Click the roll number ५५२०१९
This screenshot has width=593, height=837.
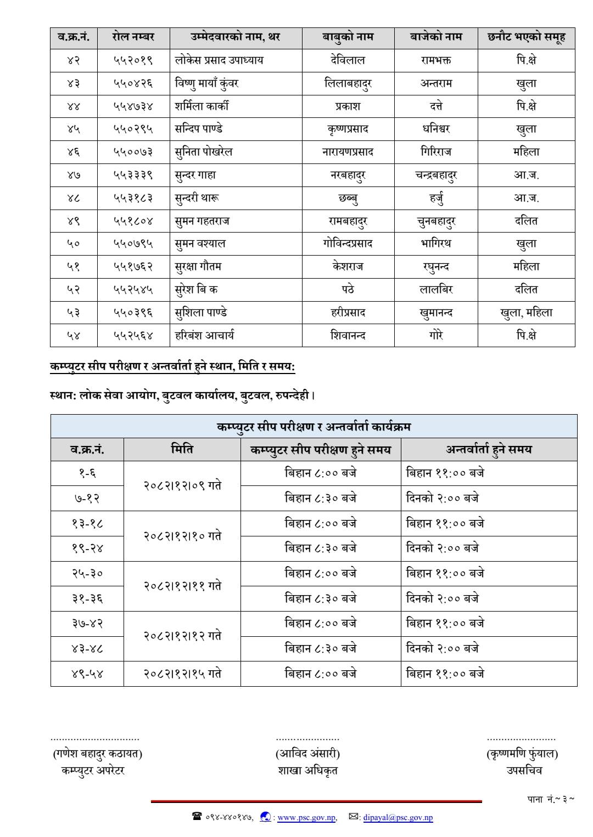pyautogui.click(x=133, y=60)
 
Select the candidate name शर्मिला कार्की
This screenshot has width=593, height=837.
pyautogui.click(x=202, y=106)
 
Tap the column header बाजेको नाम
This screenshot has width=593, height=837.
pyautogui.click(x=436, y=37)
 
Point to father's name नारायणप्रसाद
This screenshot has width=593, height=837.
pyautogui.click(x=348, y=152)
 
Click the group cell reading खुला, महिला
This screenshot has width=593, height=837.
pyautogui.click(x=526, y=313)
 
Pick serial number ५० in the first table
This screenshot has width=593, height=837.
pyautogui.click(x=74, y=244)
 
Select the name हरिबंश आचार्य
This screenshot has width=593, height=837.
pyautogui.click(x=204, y=335)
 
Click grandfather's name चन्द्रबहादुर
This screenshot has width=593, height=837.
pyautogui.click(x=436, y=175)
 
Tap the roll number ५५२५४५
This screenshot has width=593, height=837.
pyautogui.click(x=133, y=290)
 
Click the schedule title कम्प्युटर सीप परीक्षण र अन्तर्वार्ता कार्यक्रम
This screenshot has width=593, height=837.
pyautogui.click(x=314, y=426)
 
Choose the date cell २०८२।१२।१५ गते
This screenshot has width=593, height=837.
pyautogui.click(x=182, y=674)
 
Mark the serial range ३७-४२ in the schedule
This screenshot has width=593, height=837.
pyautogui.click(x=87, y=624)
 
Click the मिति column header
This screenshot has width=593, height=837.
pyautogui.click(x=182, y=450)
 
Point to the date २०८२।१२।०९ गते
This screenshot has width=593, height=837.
pyautogui.click(x=182, y=486)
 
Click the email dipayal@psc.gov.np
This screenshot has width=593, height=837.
pyautogui.click(x=398, y=818)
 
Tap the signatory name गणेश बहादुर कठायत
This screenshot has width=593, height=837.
pyautogui.click(x=97, y=754)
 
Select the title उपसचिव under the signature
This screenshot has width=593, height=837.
pyautogui.click(x=524, y=771)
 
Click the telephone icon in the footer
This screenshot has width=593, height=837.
pyautogui.click(x=197, y=817)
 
